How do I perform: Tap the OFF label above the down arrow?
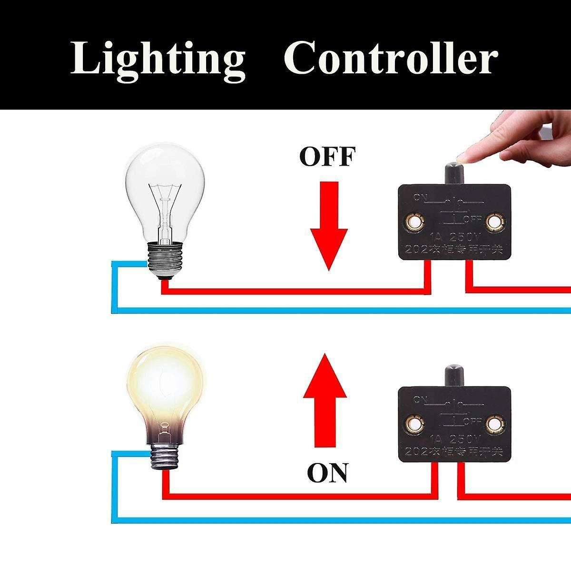point(327,157)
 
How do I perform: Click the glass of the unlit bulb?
point(164,190)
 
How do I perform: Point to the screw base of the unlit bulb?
point(164,259)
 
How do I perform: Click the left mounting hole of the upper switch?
point(413,221)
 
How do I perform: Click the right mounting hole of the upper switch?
point(495,221)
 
